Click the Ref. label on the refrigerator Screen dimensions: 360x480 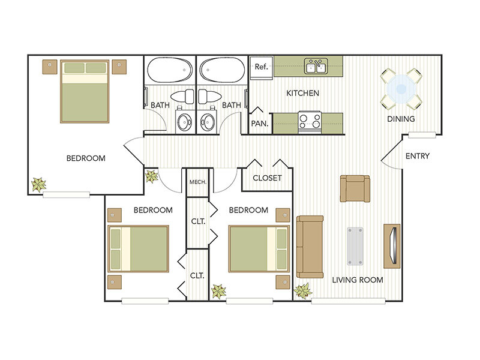tap(260, 67)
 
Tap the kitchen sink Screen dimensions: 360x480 tap(315, 66)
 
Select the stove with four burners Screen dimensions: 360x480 tap(310, 121)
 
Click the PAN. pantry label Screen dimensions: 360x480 tap(259, 122)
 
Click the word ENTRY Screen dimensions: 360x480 tap(418, 156)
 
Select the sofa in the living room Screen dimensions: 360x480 tap(310, 246)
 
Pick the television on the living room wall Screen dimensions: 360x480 tap(392, 245)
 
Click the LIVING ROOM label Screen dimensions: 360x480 tap(358, 280)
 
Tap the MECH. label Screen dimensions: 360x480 tap(197, 182)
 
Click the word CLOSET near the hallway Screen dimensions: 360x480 tap(267, 178)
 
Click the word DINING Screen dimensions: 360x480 tap(400, 119)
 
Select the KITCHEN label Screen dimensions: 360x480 tap(302, 93)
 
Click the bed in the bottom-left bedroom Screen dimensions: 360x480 tap(139, 248)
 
